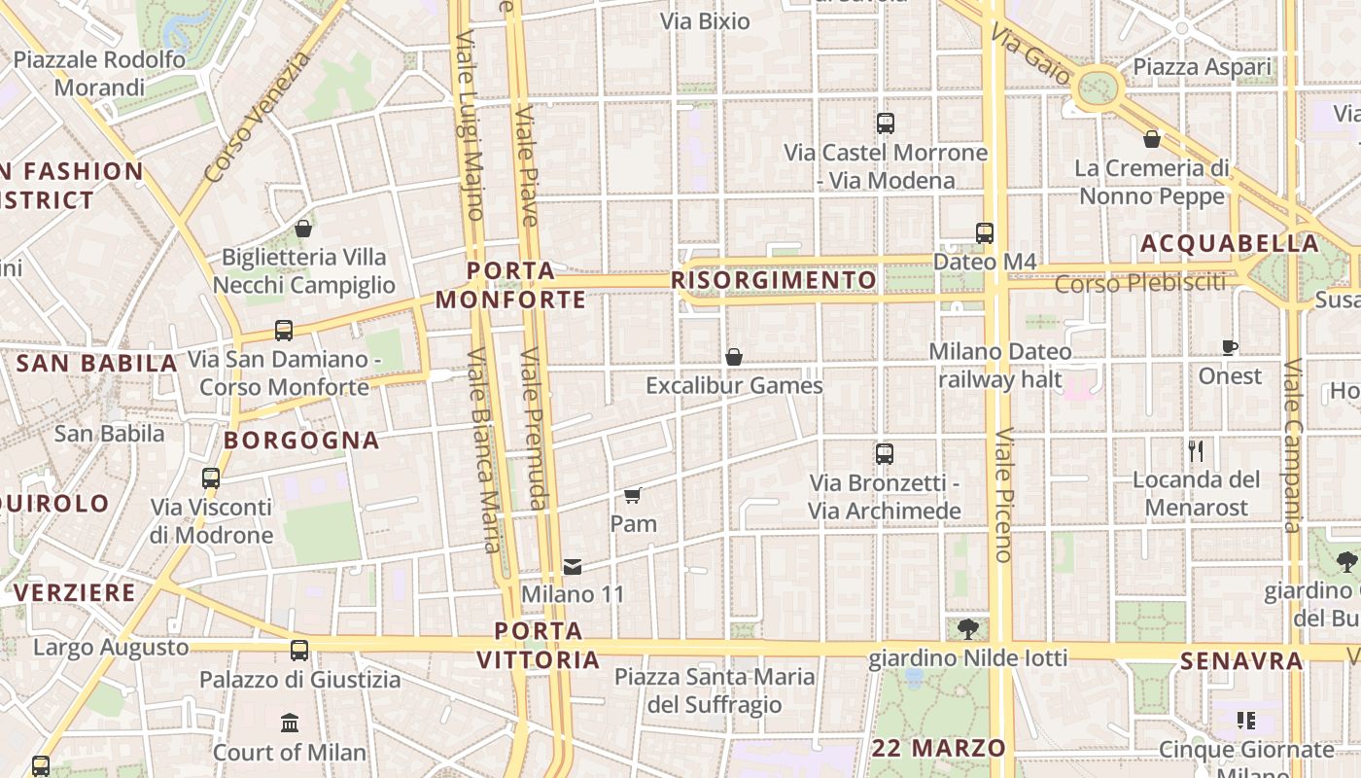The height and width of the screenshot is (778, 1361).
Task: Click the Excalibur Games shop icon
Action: click(x=734, y=357)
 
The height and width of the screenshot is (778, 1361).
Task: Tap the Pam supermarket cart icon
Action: click(x=633, y=496)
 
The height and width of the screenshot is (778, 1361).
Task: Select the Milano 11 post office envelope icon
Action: click(x=573, y=566)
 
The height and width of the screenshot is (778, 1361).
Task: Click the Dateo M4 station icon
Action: click(x=985, y=233)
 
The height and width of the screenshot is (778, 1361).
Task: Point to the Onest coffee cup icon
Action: click(x=1230, y=347)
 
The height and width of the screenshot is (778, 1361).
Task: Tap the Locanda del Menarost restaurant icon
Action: click(x=1196, y=450)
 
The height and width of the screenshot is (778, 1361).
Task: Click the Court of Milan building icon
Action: click(x=290, y=723)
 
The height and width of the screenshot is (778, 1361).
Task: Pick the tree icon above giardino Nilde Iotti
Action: click(x=967, y=629)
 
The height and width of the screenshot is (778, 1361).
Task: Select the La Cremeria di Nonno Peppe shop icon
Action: click(x=1152, y=139)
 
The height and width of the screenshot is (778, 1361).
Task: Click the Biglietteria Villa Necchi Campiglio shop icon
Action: click(x=303, y=229)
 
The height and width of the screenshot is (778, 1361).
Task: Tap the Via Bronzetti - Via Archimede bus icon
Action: click(x=885, y=453)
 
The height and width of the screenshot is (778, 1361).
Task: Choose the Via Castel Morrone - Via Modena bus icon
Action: click(x=885, y=124)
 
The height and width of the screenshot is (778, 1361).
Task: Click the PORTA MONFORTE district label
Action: click(x=510, y=285)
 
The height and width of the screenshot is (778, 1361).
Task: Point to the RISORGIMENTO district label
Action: click(x=774, y=281)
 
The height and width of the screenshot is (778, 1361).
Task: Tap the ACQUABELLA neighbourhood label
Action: click(x=1229, y=244)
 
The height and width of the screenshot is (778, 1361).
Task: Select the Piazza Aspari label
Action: click(x=1202, y=67)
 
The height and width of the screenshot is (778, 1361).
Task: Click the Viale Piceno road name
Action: click(x=1003, y=495)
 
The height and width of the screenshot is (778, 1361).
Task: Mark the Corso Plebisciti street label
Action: click(x=1139, y=283)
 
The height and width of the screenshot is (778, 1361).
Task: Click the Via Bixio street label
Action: click(x=705, y=21)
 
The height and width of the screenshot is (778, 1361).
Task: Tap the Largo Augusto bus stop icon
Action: click(x=299, y=651)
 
